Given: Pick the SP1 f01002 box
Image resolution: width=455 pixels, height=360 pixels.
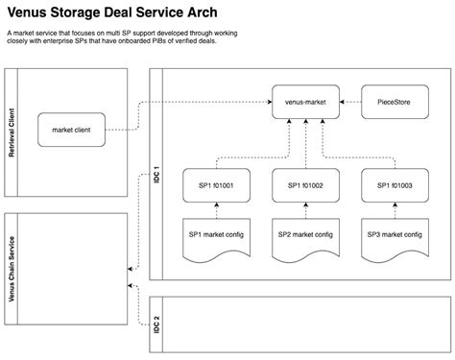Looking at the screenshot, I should click(x=304, y=185).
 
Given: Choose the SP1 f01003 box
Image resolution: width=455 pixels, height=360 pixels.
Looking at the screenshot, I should click(x=394, y=185).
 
